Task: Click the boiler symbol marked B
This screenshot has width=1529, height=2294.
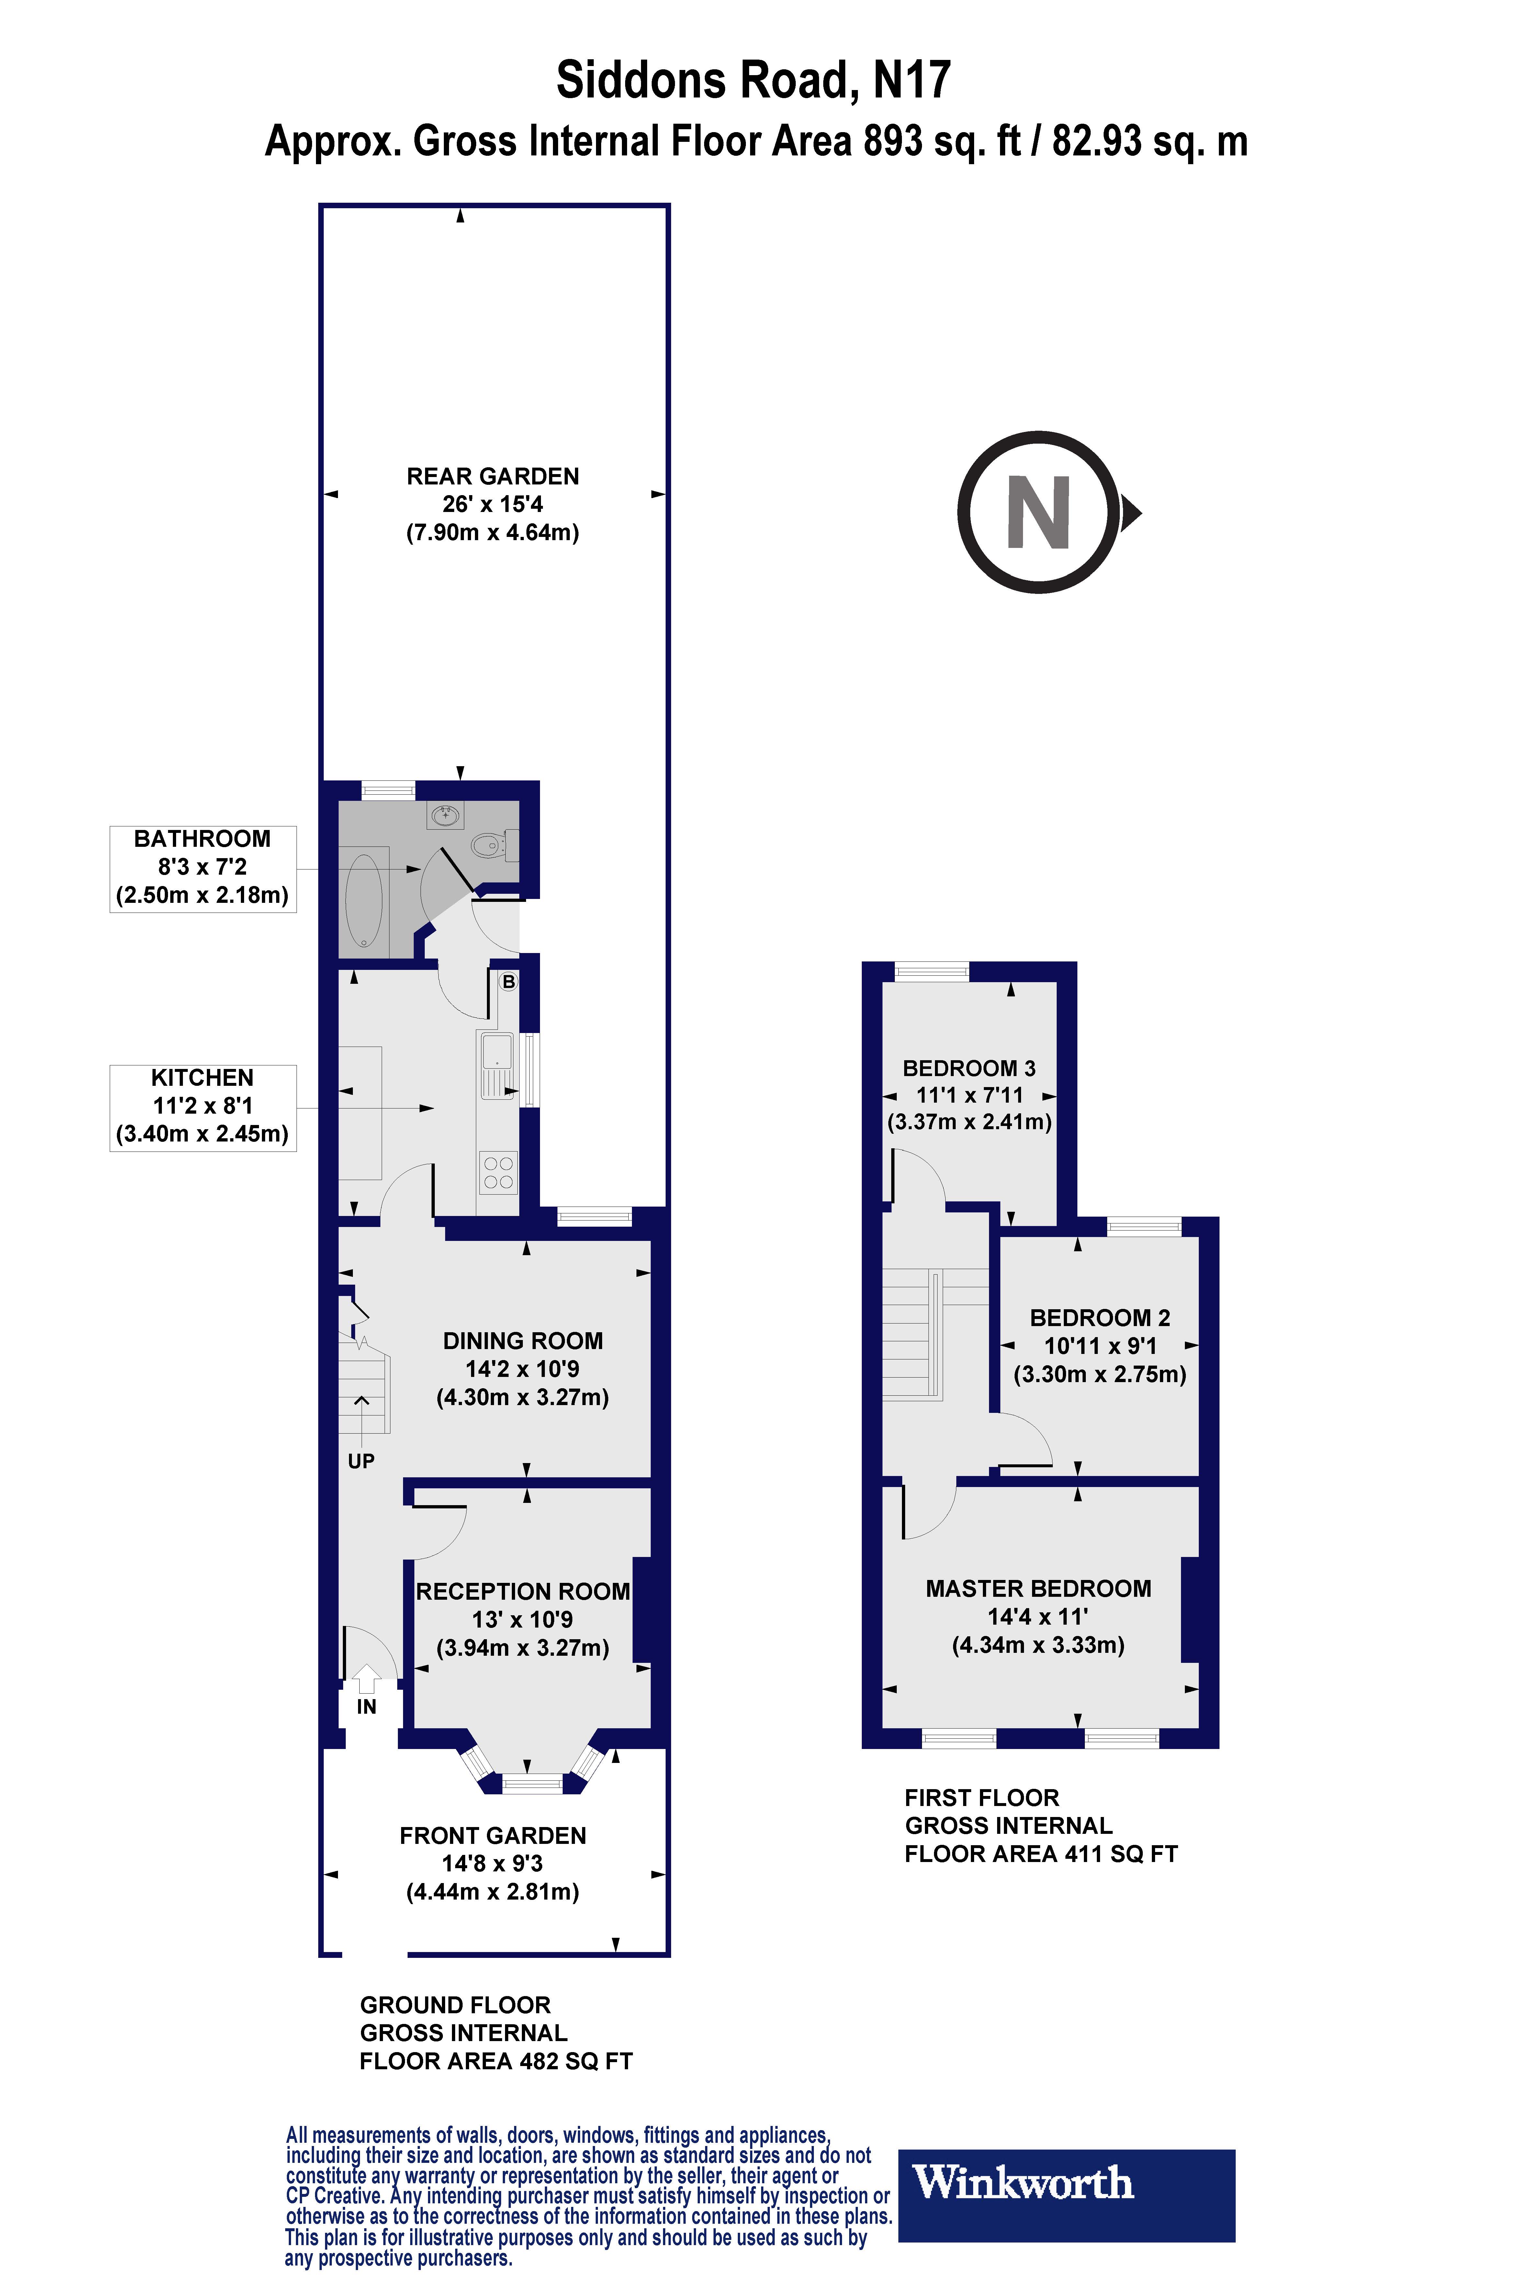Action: pos(508,982)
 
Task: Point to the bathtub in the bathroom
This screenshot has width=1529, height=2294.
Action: pos(364,901)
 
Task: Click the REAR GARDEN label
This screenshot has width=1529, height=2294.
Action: pos(492,477)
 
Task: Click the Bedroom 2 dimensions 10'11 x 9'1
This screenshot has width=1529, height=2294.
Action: pos(1100,1346)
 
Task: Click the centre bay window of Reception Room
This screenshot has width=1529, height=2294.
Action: pos(533,1785)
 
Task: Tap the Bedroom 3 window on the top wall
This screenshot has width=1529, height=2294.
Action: pos(931,971)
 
